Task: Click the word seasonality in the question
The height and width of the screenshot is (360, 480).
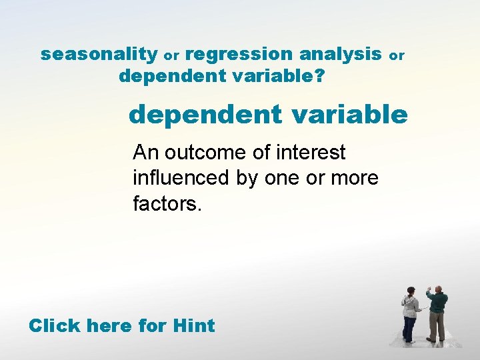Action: click(99, 55)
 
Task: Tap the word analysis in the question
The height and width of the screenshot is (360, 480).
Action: click(340, 55)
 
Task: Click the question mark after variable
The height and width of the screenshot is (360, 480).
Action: click(321, 77)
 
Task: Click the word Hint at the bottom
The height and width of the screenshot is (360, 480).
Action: click(193, 325)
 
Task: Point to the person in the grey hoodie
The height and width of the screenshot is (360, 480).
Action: click(410, 313)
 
